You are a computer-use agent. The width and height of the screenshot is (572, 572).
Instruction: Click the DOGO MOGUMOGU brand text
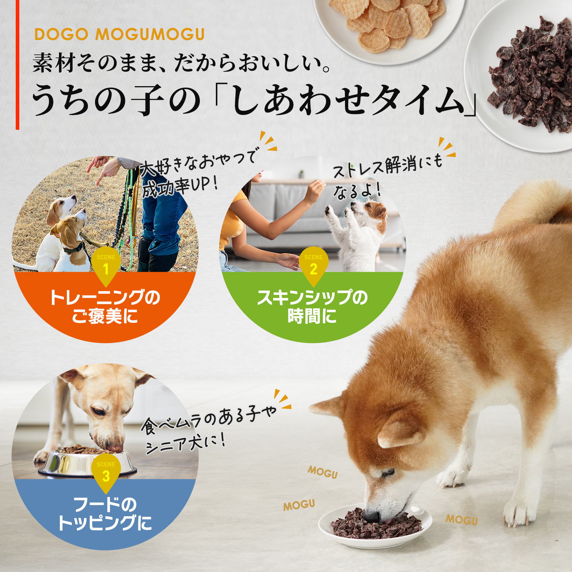119,35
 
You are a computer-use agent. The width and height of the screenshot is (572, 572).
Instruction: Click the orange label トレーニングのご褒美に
105,307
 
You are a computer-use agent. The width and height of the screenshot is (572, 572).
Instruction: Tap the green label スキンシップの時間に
312,307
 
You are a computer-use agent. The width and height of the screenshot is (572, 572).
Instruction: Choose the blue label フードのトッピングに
105,514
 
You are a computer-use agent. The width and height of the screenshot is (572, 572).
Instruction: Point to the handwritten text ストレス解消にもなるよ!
388,177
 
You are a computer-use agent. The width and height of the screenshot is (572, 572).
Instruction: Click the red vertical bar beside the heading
17,65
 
